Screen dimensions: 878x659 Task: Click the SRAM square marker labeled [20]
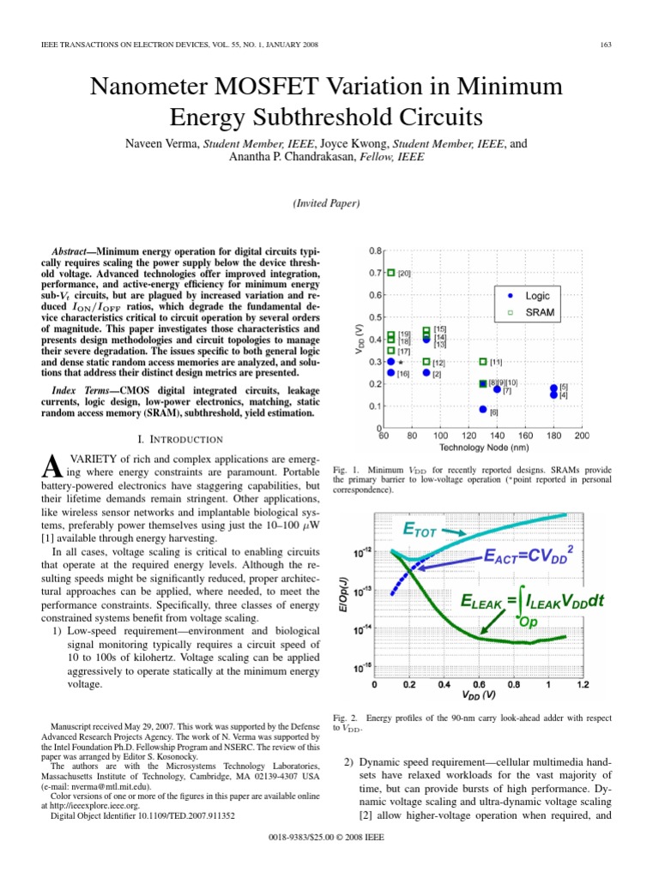click(390, 274)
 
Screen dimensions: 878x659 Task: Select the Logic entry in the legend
click(537, 296)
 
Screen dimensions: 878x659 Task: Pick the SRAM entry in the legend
click(540, 313)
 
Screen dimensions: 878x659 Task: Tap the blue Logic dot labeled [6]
click(483, 411)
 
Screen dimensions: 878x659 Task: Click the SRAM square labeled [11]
click(483, 363)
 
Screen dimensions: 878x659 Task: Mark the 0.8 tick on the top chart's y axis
click(375, 251)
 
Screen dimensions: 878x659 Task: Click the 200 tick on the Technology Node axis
click(582, 436)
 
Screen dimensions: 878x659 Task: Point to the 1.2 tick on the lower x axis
click(582, 685)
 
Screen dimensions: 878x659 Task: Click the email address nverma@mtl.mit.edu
click(109, 785)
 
